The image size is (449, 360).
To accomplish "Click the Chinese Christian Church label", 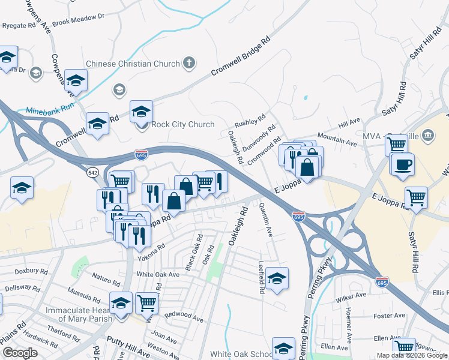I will [x=133, y=64].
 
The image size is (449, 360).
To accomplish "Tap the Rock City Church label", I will [x=182, y=124].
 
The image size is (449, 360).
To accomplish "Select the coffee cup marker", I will [x=403, y=163].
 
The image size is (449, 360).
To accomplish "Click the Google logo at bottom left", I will [x=20, y=353].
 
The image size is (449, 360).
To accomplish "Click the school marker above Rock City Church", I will [x=142, y=111].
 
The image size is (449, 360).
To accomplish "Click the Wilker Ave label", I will [x=352, y=296].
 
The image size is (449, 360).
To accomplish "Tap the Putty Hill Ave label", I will [x=128, y=340].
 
